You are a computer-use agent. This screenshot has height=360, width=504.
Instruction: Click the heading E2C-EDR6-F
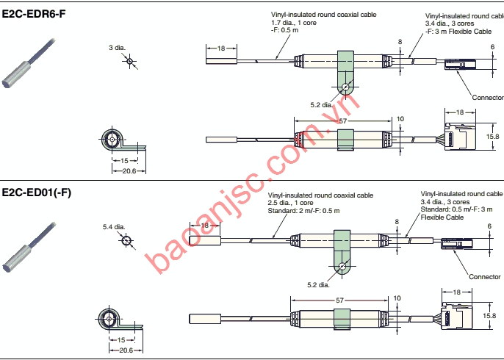click(x=34, y=13)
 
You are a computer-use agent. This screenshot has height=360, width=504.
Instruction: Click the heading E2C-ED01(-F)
click(x=37, y=192)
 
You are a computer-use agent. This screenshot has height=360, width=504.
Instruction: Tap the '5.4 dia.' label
click(x=114, y=227)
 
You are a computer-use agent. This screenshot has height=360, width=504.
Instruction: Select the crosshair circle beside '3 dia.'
click(x=129, y=62)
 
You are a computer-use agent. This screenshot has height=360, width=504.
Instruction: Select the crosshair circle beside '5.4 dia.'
click(x=126, y=240)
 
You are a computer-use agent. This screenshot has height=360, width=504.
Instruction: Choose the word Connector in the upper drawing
click(x=487, y=97)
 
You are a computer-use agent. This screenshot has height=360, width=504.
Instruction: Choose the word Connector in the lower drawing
click(x=484, y=277)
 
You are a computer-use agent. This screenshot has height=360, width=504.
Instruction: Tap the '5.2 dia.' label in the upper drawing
click(x=321, y=104)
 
